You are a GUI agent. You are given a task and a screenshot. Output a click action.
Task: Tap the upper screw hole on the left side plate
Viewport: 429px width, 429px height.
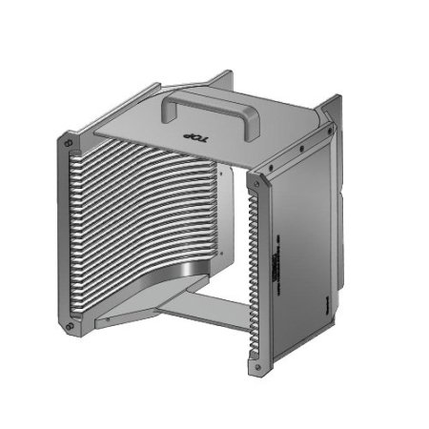tap(68, 143)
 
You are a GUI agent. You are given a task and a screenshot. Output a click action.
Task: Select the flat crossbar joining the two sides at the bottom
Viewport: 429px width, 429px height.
tap(191, 313)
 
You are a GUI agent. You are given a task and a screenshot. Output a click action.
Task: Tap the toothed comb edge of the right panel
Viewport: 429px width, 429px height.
tap(253, 276)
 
